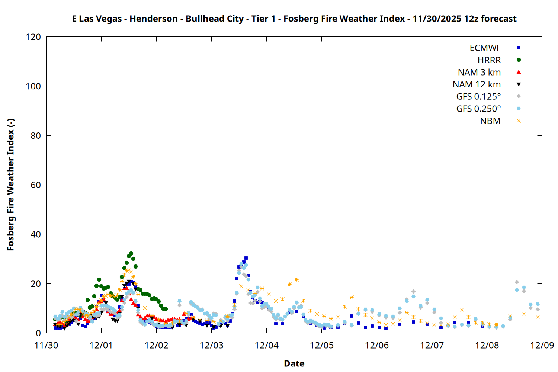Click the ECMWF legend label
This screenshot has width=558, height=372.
point(485,48)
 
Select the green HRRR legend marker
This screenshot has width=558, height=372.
point(519,60)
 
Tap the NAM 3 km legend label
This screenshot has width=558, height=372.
point(479,72)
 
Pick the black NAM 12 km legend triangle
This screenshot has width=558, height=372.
point(519,84)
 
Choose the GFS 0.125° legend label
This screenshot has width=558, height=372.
point(478,97)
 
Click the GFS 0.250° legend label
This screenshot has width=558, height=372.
point(478,109)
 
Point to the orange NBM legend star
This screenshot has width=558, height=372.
point(519,121)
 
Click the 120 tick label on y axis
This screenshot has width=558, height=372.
point(33,37)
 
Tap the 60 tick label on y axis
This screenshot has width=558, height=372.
point(36,185)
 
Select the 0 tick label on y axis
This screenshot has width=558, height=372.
point(38,333)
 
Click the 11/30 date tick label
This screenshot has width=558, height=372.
point(46,346)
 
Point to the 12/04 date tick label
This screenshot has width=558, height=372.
point(267,346)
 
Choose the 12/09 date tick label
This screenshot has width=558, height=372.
point(542,346)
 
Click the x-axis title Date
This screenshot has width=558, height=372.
point(294,363)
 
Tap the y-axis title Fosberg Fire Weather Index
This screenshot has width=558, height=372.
point(10,185)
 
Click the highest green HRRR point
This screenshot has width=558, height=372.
point(131,254)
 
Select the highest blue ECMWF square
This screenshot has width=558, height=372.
point(246,258)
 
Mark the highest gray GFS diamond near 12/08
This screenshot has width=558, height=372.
point(517,282)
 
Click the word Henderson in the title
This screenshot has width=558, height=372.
point(154,19)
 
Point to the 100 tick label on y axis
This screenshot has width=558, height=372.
point(33,86)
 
